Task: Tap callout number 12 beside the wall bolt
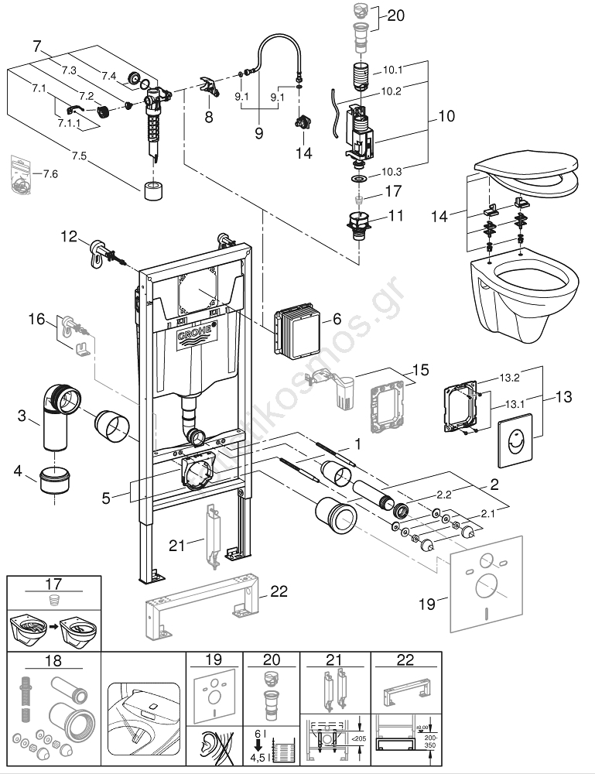[x=70, y=236]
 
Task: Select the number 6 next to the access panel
[x=337, y=319]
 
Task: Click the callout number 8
[x=207, y=118]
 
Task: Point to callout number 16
[x=36, y=318]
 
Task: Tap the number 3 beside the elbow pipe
[x=24, y=417]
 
